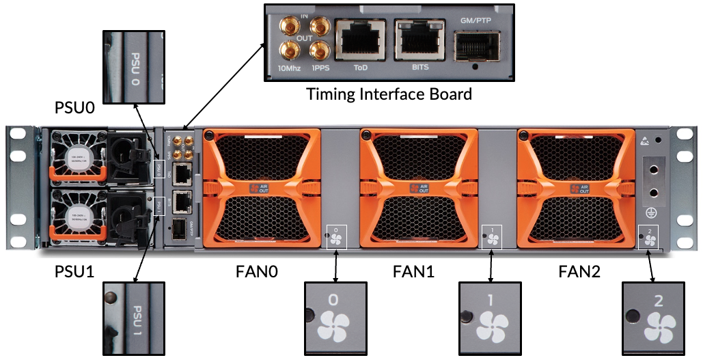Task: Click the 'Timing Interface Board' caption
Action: [x=389, y=94]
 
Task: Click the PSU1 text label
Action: [x=77, y=272]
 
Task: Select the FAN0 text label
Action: [x=258, y=272]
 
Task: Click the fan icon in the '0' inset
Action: [x=334, y=327]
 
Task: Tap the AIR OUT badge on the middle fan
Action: [x=419, y=187]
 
